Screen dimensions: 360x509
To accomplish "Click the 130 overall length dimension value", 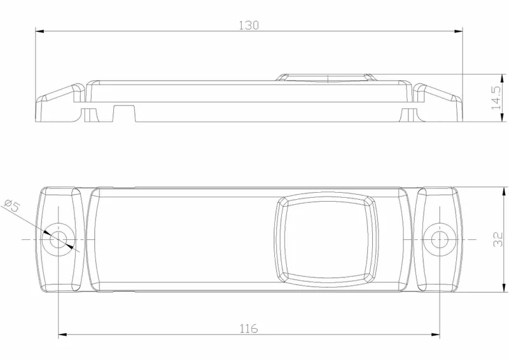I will click(249, 25).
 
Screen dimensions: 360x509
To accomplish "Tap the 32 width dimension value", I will click(498, 239).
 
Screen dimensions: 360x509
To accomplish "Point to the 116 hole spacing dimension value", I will click(249, 328).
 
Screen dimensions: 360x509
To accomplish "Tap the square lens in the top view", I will click(326, 239).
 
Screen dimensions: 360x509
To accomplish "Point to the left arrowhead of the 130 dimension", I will click(39, 30).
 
